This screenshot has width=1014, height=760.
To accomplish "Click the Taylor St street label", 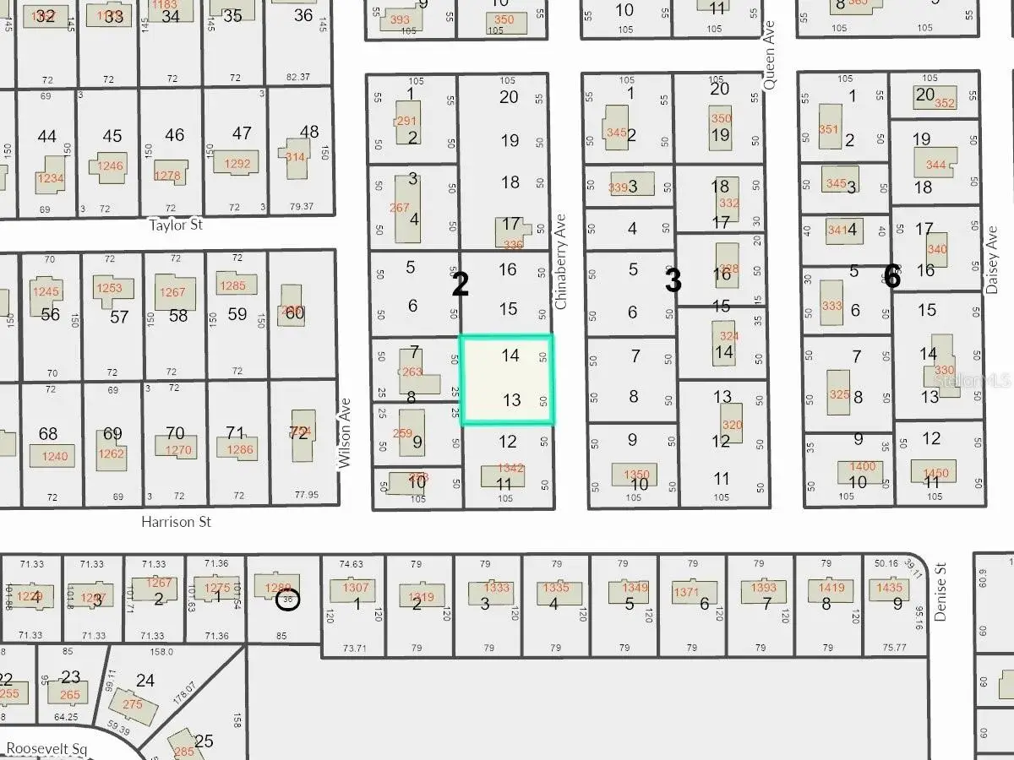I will pyautogui.click(x=176, y=225).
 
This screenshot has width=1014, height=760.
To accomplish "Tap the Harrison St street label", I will pyautogui.click(x=177, y=522).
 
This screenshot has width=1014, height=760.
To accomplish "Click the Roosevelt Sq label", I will pyautogui.click(x=47, y=748).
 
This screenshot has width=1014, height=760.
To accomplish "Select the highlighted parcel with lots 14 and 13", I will pyautogui.click(x=506, y=378).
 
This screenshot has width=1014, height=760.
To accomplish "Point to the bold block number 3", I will pyautogui.click(x=673, y=281).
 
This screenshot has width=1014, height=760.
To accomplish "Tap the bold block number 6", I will pyautogui.click(x=891, y=276).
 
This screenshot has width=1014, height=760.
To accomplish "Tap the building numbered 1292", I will pyautogui.click(x=236, y=163).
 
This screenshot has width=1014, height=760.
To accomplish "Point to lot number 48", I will pyautogui.click(x=309, y=131).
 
